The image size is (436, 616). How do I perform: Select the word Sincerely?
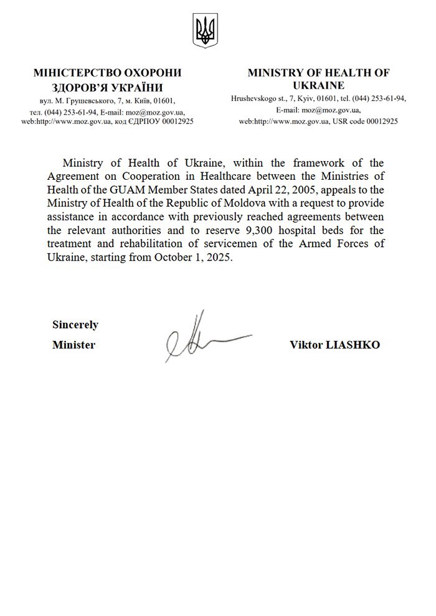[75, 324]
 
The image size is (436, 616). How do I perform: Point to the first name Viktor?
[306, 345]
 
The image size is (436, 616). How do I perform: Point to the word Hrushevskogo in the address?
[252, 98]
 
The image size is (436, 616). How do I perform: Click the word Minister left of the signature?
[73, 345]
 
